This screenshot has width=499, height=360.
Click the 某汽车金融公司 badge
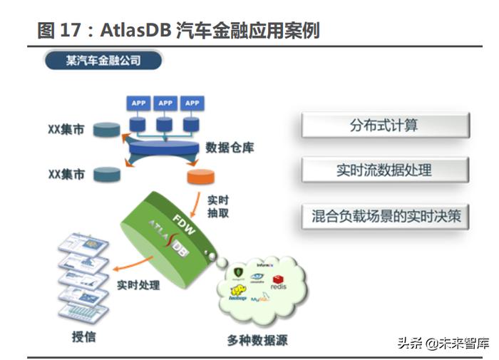[103, 61]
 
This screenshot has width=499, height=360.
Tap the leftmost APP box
[138, 103]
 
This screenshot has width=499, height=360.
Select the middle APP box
[165, 103]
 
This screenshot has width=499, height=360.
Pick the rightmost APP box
[191, 103]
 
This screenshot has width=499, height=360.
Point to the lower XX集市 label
[66, 173]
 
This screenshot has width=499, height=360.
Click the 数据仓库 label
[230, 148]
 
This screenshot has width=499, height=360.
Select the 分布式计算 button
[384, 125]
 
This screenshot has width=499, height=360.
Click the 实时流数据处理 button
[384, 170]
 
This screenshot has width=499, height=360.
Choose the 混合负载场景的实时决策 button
[386, 216]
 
